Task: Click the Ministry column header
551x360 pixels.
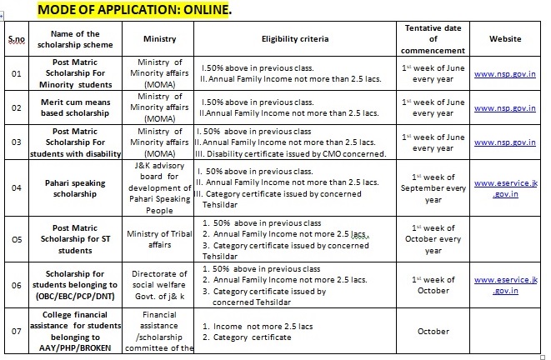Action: pos(160,39)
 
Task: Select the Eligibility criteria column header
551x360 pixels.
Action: pos(295,39)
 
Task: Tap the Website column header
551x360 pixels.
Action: pos(505,39)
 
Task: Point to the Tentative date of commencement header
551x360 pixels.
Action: pos(433,38)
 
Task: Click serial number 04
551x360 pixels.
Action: pos(14,187)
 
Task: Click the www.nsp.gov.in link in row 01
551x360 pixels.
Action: pos(505,73)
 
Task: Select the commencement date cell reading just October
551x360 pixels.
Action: pos(433,331)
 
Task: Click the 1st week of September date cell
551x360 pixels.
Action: pos(433,188)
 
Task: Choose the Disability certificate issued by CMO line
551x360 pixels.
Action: pos(293,153)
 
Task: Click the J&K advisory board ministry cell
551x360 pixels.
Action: pos(160,187)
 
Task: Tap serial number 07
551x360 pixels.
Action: pos(14,331)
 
